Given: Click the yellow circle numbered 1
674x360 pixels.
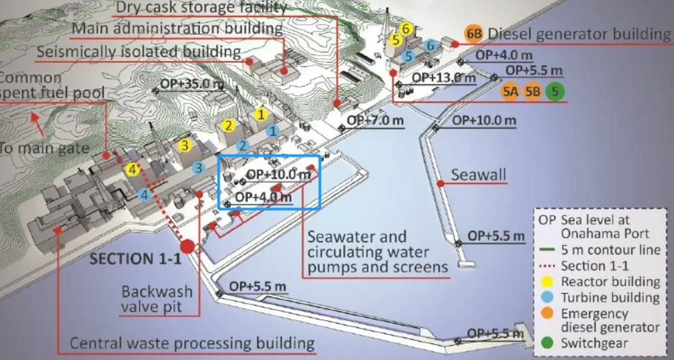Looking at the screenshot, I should tap(260, 114).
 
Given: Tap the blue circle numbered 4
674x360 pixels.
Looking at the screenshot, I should tap(144, 194).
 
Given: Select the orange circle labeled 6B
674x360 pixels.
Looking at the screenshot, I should tap(472, 34).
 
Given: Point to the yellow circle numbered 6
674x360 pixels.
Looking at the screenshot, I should tap(406, 29).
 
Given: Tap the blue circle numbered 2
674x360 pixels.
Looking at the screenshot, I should tap(242, 145).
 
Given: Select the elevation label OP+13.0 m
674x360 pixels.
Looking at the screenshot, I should tap(443, 77).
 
